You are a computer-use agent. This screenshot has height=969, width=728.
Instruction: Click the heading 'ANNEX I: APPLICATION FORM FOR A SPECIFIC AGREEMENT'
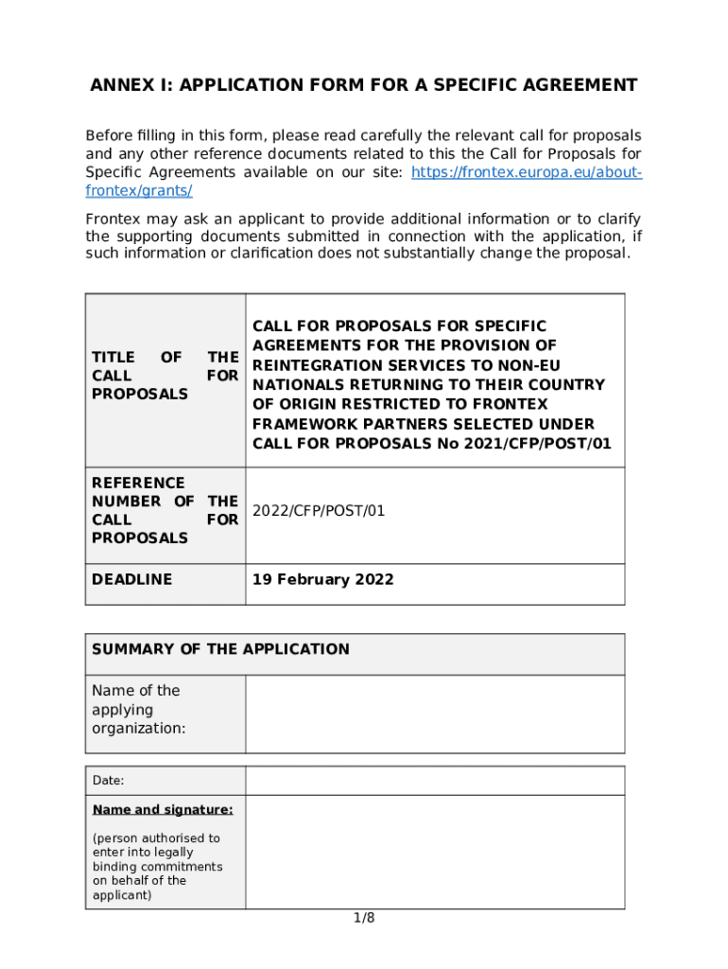[x=363, y=86]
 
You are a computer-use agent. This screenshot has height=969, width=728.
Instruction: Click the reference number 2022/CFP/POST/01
[x=319, y=511]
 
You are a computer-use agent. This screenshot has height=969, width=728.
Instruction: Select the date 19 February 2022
[x=322, y=579]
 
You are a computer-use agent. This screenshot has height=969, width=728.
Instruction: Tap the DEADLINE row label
[x=131, y=579]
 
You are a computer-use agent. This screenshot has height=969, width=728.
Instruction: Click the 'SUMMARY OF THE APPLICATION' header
[x=220, y=649]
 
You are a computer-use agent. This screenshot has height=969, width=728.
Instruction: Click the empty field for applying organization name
[x=435, y=714]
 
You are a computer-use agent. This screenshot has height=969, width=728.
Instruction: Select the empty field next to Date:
[x=435, y=781]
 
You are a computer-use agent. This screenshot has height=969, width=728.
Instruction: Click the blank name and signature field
[x=435, y=852]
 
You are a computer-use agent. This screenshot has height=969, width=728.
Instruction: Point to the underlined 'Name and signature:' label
[x=163, y=810]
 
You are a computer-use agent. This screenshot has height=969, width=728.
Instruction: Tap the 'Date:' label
[x=108, y=781]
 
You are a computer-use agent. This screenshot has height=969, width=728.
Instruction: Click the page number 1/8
[x=364, y=918]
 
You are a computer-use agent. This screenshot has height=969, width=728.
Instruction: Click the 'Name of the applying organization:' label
[x=138, y=710]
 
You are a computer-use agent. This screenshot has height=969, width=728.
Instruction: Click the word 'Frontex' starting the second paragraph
[x=112, y=218]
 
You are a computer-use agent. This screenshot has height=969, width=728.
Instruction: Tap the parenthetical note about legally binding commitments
[x=157, y=866]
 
